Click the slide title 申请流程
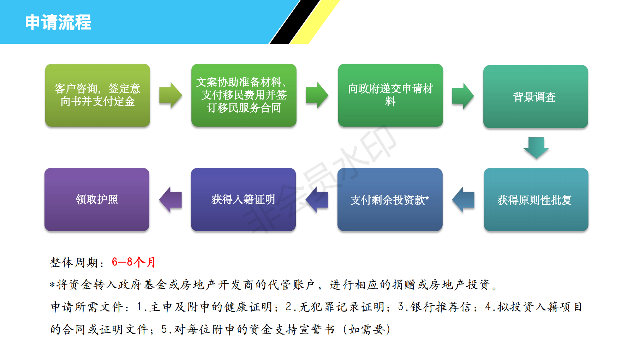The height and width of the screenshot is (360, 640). (x=58, y=22)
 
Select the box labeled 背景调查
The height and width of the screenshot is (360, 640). (x=536, y=96)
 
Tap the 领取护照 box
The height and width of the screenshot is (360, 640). (x=97, y=199)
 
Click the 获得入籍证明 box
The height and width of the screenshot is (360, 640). (x=243, y=199)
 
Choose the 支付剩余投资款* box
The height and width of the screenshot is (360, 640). (x=390, y=199)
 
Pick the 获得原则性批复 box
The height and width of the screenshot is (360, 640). (x=536, y=199)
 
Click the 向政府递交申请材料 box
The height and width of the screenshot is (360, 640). (x=390, y=95)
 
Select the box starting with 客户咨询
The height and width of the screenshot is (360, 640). (x=97, y=95)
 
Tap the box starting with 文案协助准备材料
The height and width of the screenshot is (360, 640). (x=244, y=95)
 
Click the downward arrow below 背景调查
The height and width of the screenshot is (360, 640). (x=536, y=148)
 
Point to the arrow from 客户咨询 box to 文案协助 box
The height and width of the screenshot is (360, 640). (x=171, y=95)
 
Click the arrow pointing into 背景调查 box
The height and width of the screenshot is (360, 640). (x=463, y=96)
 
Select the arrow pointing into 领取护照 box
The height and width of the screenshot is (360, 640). (x=171, y=199)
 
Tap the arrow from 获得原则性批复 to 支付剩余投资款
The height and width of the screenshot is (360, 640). (x=463, y=200)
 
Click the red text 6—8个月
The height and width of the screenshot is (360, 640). (x=133, y=262)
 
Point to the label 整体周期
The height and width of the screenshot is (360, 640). (x=74, y=262)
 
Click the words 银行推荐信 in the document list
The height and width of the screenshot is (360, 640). (x=441, y=307)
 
